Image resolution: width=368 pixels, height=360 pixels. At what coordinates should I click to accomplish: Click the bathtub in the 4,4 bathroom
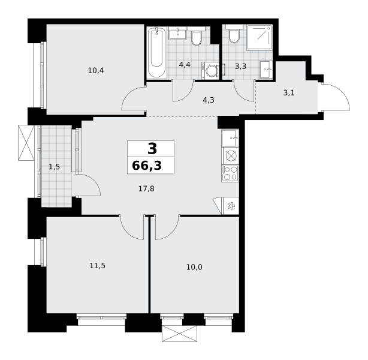tap(156, 53)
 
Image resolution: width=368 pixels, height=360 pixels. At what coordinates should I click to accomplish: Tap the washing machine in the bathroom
tap(210, 70)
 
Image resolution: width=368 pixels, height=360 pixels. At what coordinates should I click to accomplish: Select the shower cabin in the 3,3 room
tap(260, 37)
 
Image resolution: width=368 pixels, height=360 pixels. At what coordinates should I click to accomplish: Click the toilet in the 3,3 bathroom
tap(234, 34)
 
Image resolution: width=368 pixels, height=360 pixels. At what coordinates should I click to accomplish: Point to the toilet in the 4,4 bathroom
tap(197, 36)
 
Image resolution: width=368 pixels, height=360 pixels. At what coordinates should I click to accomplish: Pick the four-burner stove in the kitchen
tap(230, 173)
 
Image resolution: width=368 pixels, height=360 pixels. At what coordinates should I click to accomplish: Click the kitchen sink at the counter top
tap(230, 138)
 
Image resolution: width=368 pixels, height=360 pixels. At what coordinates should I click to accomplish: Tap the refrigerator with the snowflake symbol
tap(231, 206)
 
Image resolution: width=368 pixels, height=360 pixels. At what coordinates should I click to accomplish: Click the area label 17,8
tap(146, 188)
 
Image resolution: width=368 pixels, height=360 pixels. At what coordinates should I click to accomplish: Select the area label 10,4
tap(96, 70)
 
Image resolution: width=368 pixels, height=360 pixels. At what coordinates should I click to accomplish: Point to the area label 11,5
tap(98, 266)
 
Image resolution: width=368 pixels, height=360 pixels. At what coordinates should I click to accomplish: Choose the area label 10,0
tap(194, 267)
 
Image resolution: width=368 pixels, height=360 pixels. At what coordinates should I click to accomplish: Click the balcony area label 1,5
tap(54, 167)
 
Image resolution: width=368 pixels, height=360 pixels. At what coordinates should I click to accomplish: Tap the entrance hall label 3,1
tap(289, 93)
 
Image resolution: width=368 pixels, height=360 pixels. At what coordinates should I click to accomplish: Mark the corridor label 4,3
tap(209, 100)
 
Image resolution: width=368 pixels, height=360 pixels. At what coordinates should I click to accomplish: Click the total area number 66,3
tap(147, 166)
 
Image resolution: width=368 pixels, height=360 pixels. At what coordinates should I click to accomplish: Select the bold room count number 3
tap(152, 149)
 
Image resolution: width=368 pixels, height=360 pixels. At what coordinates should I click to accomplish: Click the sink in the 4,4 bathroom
tap(177, 33)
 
